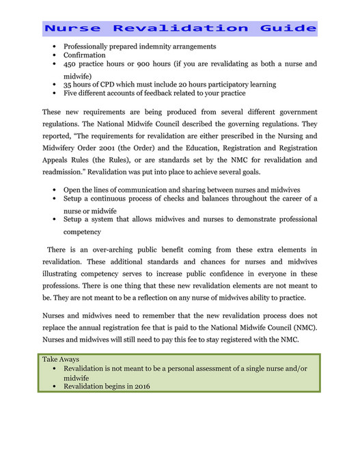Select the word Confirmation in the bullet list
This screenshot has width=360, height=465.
coord(85,55)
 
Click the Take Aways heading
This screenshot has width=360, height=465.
coord(61,359)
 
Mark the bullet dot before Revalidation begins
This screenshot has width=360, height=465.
coord(55,386)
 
